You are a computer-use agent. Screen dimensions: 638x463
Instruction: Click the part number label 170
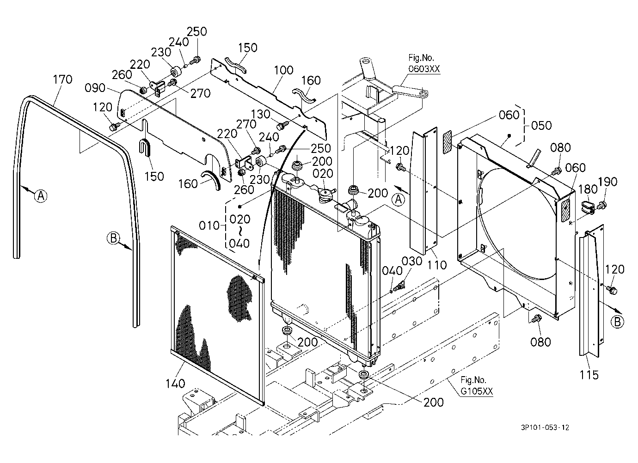(x=63, y=79)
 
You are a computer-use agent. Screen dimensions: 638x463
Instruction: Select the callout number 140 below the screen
(x=176, y=384)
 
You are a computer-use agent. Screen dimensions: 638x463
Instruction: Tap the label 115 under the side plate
(x=589, y=375)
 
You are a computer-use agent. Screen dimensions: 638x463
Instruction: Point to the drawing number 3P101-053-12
(x=545, y=427)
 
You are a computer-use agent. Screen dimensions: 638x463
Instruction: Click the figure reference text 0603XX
(x=424, y=69)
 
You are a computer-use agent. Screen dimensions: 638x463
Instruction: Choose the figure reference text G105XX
(x=477, y=391)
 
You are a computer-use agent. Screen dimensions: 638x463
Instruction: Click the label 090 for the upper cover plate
(x=95, y=88)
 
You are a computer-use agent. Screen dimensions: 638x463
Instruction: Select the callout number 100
(x=284, y=70)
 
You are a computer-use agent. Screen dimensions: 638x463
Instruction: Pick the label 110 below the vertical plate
(x=437, y=265)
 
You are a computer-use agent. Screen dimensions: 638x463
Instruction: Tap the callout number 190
(x=607, y=182)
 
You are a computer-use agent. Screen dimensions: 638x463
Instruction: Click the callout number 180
(x=588, y=189)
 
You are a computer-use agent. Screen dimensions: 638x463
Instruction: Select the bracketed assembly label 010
(x=209, y=225)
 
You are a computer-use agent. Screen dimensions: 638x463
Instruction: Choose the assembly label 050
(x=541, y=125)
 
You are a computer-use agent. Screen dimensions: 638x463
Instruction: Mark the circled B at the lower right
(x=618, y=322)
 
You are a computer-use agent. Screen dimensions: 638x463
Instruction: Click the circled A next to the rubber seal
(x=41, y=196)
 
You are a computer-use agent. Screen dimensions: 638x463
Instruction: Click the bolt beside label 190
(x=602, y=204)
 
